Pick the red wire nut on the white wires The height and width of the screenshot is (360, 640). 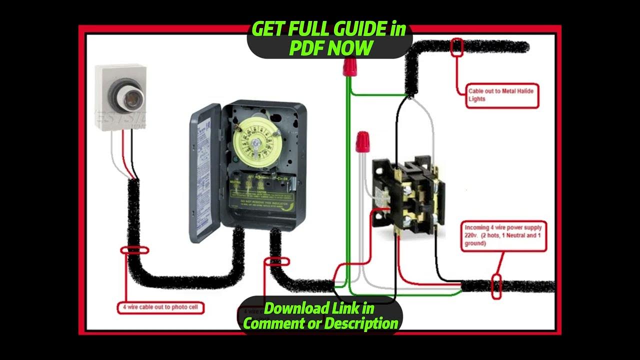coord(363,141)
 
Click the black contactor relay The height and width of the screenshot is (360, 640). coord(407,195)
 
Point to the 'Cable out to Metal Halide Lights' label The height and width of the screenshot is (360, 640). coord(502,95)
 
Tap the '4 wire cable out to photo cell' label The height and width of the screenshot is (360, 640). coord(160,307)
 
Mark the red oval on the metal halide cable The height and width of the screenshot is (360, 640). coord(456,47)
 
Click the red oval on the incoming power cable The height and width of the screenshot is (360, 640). coord(496,287)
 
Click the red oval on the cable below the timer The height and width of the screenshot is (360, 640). coord(276,261)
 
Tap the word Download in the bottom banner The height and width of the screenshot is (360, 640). coord(290,308)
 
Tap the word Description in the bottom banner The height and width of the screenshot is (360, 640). coord(361,323)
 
